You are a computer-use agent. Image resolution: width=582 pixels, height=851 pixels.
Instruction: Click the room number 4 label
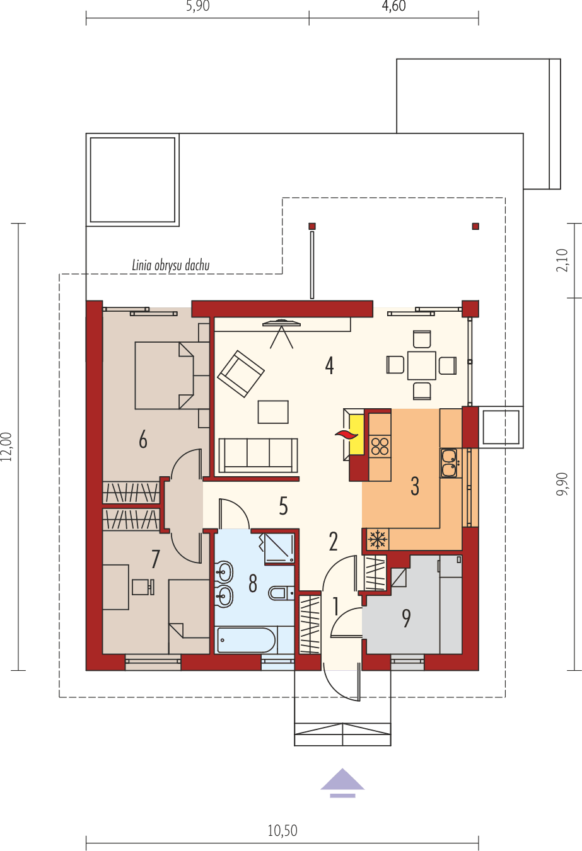coord(329,365)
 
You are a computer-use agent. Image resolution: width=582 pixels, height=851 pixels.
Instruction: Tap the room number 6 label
coord(143,439)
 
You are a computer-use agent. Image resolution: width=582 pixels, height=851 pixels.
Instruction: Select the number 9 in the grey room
coord(407,618)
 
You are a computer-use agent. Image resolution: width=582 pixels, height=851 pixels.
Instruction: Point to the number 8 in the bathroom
coord(253,583)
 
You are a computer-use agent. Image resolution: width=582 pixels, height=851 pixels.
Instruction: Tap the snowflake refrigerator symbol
coord(377,539)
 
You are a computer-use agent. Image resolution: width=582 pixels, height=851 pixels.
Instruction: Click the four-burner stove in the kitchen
coord(380,446)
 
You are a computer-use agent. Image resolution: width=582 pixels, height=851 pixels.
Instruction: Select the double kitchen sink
coord(449,463)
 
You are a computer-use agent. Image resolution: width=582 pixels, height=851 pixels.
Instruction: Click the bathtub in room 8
coord(247,640)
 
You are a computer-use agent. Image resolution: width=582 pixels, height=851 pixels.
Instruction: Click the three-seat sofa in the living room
coord(258,454)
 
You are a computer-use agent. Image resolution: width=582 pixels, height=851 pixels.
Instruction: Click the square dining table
coord(421,365)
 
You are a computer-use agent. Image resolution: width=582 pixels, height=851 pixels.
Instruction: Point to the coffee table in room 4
coord(273,412)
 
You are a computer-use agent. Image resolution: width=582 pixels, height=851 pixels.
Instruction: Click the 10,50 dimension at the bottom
coord(282,830)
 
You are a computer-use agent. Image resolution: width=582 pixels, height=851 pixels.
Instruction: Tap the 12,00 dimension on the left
coord(7,447)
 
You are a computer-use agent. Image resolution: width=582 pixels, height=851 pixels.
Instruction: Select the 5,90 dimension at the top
coord(197,8)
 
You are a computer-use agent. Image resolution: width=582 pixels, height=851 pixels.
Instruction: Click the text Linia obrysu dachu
coord(170,265)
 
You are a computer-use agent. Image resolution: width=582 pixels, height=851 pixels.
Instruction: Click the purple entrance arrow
coord(342,782)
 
